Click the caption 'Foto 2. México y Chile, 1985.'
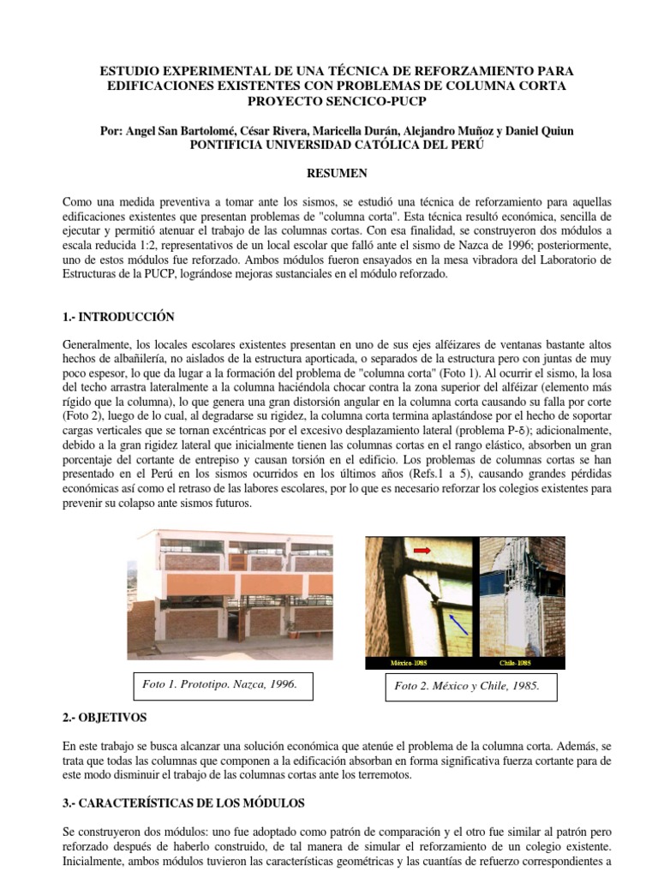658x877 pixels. pos(467,687)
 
